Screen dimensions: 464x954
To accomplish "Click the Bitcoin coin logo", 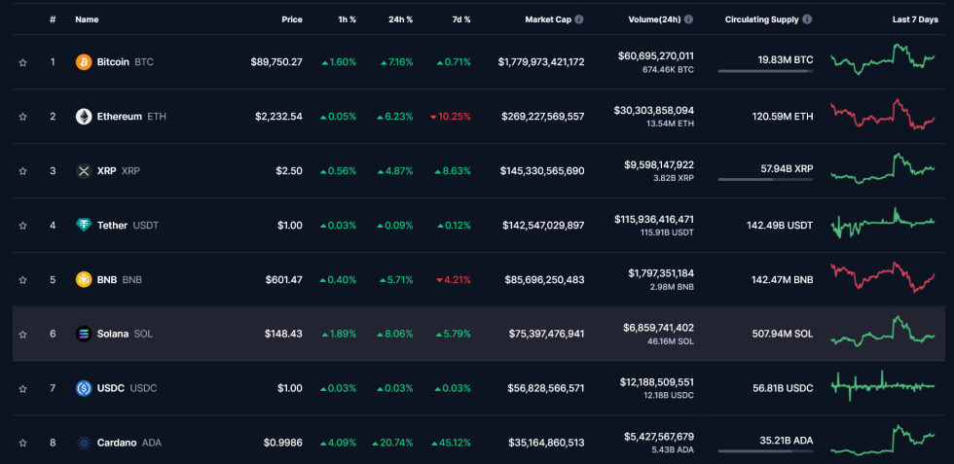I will pyautogui.click(x=84, y=62).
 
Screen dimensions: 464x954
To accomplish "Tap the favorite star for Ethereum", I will pyautogui.click(x=22, y=117).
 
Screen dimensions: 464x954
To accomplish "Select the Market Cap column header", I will pyautogui.click(x=548, y=19).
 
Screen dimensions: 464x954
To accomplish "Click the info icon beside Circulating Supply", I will pyautogui.click(x=807, y=19).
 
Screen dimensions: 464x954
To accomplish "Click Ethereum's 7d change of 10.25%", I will pyautogui.click(x=450, y=117).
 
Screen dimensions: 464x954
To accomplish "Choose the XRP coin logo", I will pyautogui.click(x=84, y=171).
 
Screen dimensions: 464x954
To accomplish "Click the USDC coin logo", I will pyautogui.click(x=84, y=388).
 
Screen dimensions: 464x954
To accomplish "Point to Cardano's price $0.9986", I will pyautogui.click(x=282, y=443).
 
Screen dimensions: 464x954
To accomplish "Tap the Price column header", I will pyautogui.click(x=292, y=19).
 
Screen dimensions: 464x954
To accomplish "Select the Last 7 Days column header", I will pyautogui.click(x=915, y=19).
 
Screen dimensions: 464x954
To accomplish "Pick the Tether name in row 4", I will pyautogui.click(x=112, y=226).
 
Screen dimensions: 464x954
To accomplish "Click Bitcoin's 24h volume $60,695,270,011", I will pyautogui.click(x=655, y=56).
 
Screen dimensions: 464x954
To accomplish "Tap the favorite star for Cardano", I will pyautogui.click(x=22, y=443).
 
